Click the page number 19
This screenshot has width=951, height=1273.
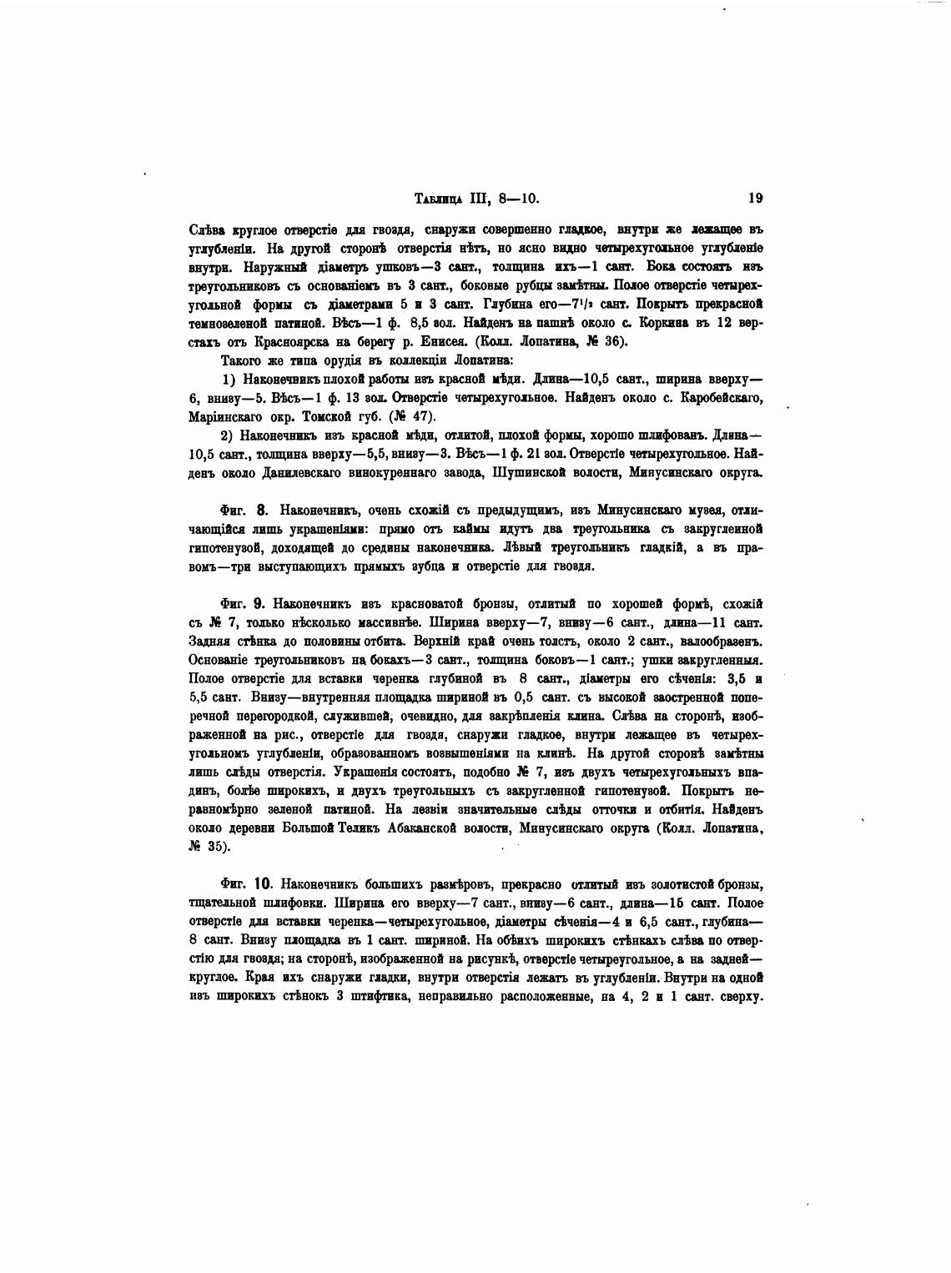tap(756, 198)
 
